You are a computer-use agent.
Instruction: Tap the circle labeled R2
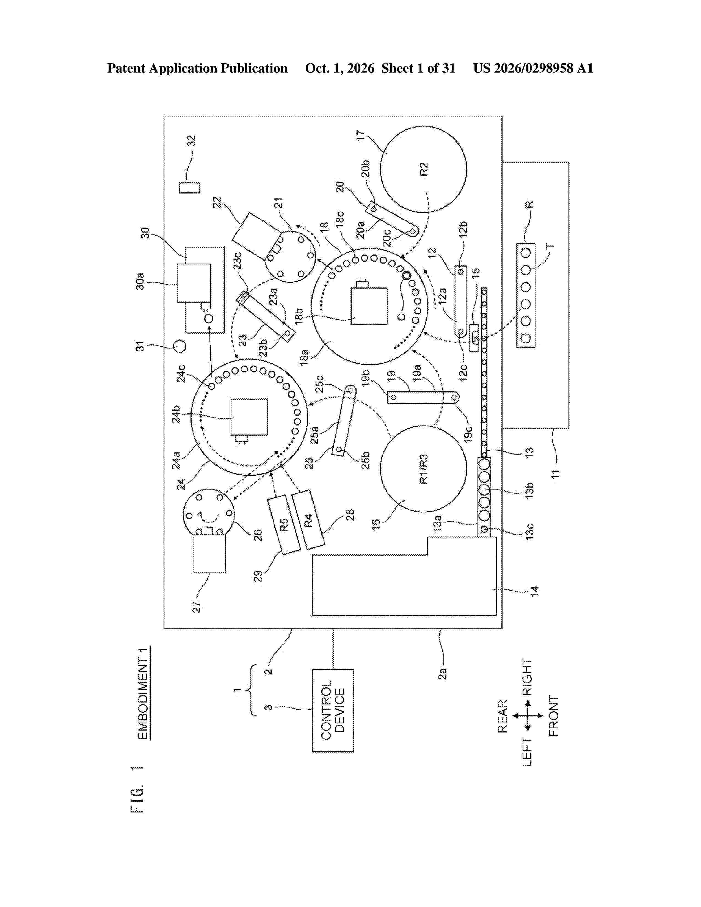pyautogui.click(x=423, y=169)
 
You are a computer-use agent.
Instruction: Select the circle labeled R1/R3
pyautogui.click(x=423, y=468)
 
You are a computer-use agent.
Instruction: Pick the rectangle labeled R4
pyautogui.click(x=308, y=520)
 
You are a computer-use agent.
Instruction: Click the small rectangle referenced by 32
pyautogui.click(x=189, y=188)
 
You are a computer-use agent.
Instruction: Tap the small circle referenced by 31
pyautogui.click(x=180, y=346)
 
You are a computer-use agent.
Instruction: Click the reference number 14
pyautogui.click(x=534, y=591)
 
